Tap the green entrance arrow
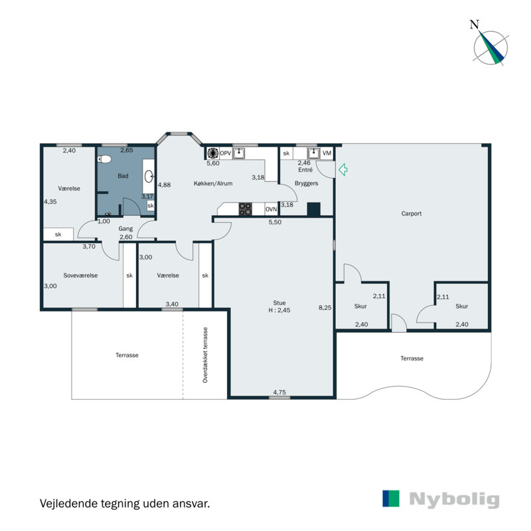[x=343, y=171]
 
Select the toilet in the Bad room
[x=105, y=159]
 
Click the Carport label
[x=412, y=214]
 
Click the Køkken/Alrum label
[x=213, y=183]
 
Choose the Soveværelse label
[x=80, y=275]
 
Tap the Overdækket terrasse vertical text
[x=206, y=355]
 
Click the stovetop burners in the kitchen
[x=246, y=209]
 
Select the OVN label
[x=271, y=209]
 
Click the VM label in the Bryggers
[x=327, y=153]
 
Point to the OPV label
[x=225, y=153]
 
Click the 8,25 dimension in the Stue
[x=325, y=307]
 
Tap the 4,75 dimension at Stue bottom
[x=281, y=392]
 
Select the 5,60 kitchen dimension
[x=212, y=163]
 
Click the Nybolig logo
[x=441, y=499]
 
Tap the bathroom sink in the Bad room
[x=149, y=177]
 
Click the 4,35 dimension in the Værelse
[x=50, y=201]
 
